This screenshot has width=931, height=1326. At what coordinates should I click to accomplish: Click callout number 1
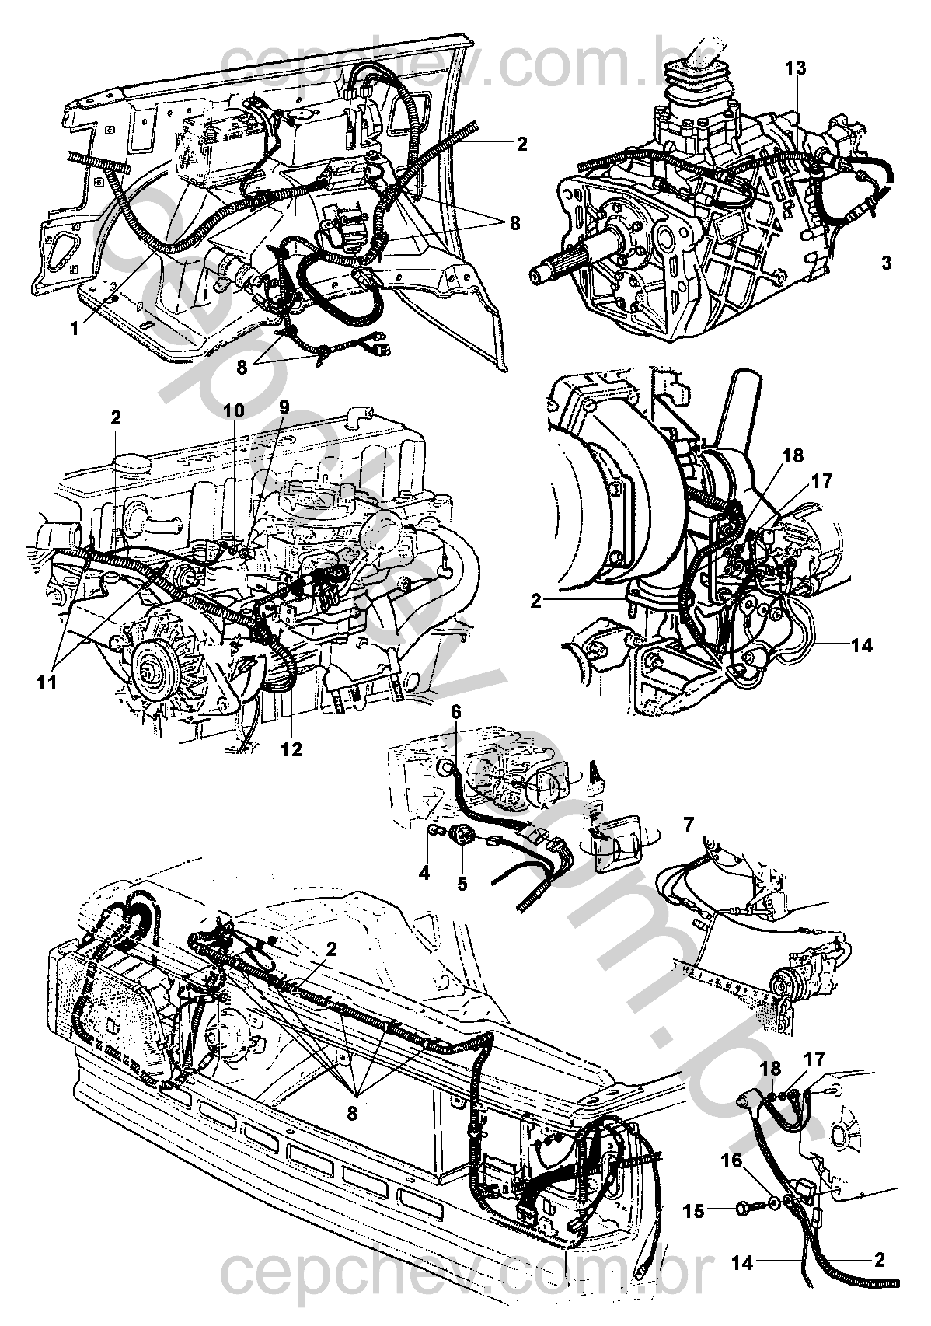point(75,329)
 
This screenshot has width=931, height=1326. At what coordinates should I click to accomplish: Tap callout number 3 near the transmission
point(887,263)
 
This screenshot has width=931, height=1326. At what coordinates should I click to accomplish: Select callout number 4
point(424,873)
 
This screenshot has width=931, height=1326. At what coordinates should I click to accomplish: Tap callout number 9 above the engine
point(284,407)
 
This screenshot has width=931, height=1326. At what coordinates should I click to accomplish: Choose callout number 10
point(235,410)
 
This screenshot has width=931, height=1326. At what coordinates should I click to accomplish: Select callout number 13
point(795,68)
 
